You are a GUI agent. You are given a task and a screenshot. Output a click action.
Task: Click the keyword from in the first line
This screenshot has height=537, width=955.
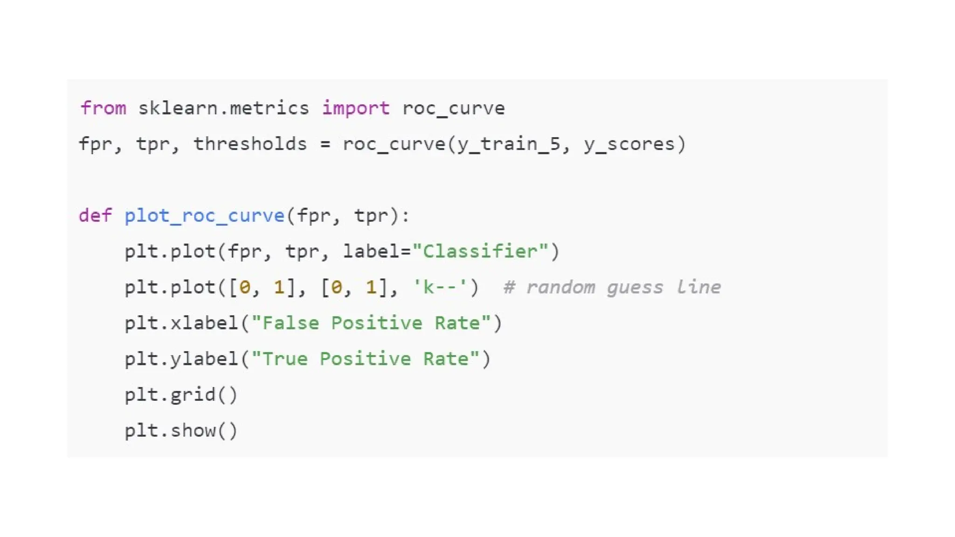[x=103, y=108]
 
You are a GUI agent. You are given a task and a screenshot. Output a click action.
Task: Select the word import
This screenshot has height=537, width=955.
[x=356, y=108]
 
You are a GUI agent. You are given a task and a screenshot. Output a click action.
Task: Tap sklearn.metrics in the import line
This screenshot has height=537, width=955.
[x=223, y=108]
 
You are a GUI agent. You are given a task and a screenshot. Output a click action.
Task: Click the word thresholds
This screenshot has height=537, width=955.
[x=250, y=144]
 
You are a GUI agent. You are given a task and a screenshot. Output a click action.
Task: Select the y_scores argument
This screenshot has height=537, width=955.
[x=629, y=144]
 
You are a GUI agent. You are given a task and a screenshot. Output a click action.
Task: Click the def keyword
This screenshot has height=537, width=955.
[x=95, y=216]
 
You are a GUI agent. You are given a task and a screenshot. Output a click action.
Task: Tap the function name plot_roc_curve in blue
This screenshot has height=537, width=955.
[x=204, y=216]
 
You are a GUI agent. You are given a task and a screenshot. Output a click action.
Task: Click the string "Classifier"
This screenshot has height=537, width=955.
[x=480, y=252]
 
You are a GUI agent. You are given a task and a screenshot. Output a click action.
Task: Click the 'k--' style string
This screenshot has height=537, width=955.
[x=440, y=288]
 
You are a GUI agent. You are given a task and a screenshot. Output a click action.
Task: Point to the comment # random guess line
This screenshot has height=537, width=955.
[x=612, y=288]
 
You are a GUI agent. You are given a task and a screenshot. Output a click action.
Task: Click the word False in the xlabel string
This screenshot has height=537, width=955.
[x=291, y=323]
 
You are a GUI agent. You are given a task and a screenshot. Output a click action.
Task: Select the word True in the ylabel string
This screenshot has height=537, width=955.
[x=285, y=359]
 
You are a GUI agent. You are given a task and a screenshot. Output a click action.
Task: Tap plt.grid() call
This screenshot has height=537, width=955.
[x=181, y=395]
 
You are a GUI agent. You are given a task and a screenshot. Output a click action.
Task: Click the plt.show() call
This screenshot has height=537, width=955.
[x=181, y=431]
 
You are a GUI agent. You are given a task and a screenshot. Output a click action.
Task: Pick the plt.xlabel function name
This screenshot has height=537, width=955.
[x=181, y=323]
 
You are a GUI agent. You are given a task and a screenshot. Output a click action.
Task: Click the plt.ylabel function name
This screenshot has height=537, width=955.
[x=181, y=359]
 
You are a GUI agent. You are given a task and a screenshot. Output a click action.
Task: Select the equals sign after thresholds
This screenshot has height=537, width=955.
[x=325, y=145]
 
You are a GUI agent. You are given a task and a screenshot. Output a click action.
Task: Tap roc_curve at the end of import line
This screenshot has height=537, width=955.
[x=453, y=108]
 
